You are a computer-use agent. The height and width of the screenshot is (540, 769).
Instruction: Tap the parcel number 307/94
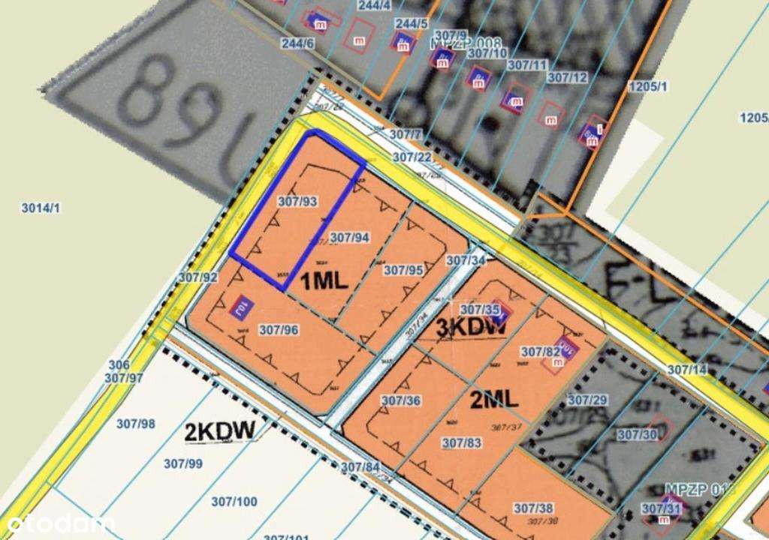(351, 238)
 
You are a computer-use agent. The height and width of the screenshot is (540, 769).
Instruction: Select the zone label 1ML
(324, 281)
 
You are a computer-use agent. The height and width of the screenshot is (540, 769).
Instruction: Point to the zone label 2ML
(494, 400)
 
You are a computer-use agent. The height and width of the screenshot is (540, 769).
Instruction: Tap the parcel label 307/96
(279, 329)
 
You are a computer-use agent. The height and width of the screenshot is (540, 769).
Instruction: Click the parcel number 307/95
(403, 270)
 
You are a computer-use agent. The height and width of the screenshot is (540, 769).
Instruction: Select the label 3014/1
(41, 208)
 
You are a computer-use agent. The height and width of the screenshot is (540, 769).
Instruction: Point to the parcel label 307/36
(400, 400)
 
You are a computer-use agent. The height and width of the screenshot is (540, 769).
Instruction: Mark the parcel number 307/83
(461, 442)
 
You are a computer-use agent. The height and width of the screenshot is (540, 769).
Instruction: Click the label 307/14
(687, 369)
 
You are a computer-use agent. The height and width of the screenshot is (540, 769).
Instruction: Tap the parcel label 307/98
(136, 424)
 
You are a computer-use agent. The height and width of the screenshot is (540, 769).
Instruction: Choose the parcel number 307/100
(234, 502)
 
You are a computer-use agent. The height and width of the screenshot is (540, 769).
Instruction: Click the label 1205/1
(650, 86)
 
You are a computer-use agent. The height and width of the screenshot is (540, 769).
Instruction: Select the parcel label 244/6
(298, 43)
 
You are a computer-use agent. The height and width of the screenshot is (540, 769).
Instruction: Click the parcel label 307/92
(198, 277)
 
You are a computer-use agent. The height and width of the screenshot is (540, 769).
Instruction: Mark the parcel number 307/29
(587, 400)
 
